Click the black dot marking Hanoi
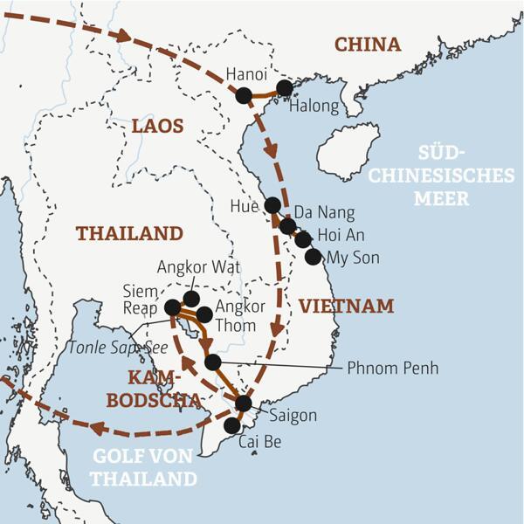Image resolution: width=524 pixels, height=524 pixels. pyautogui.click(x=244, y=95)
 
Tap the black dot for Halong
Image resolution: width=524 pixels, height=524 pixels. pyautogui.click(x=284, y=87)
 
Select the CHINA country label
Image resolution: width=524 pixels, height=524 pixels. pyautogui.click(x=368, y=45)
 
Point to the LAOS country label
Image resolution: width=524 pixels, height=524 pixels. pyautogui.click(x=158, y=127)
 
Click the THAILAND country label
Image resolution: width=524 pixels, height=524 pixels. pyautogui.click(x=129, y=233)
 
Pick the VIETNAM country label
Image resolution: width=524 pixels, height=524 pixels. pyautogui.click(x=346, y=307)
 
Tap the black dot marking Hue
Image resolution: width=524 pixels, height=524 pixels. pyautogui.click(x=272, y=205)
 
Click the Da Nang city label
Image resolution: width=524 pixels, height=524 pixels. pyautogui.click(x=324, y=212)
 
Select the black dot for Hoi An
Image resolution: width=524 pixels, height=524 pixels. pyautogui.click(x=302, y=239)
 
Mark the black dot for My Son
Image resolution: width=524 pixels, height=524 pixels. pyautogui.click(x=313, y=256)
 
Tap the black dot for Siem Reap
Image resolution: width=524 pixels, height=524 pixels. pyautogui.click(x=173, y=307)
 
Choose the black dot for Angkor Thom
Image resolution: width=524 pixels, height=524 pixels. pyautogui.click(x=203, y=314)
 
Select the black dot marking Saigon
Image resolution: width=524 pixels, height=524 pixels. pyautogui.click(x=244, y=403)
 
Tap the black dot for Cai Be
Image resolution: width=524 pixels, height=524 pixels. pyautogui.click(x=231, y=425)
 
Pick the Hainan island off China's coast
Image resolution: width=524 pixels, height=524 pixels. pyautogui.click(x=348, y=151)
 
